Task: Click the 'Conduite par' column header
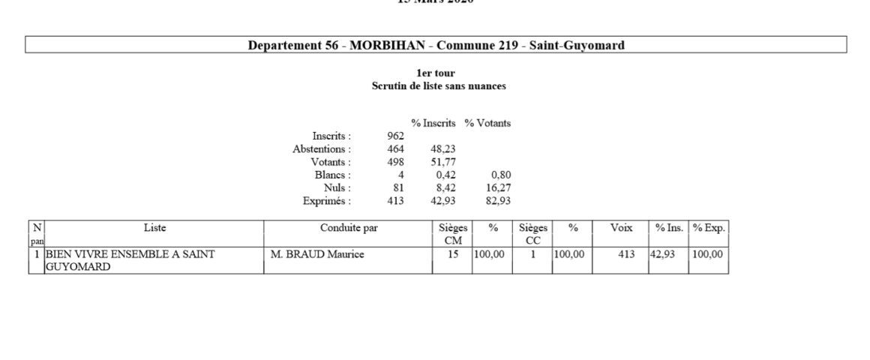pos(349,227)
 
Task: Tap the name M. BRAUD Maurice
pos(317,255)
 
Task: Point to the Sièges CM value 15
pos(452,255)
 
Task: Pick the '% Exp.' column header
pos(709,227)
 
